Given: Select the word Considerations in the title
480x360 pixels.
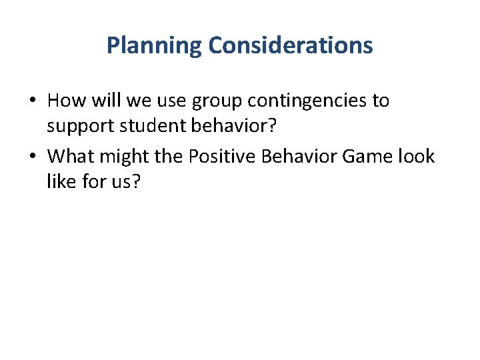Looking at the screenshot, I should (290, 46).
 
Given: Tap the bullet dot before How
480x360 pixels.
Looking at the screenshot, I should (33, 101).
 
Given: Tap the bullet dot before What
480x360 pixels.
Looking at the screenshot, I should (33, 157).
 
